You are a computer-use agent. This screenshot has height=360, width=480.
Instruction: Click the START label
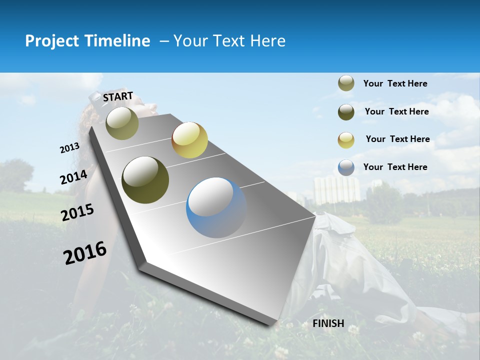tap(118, 96)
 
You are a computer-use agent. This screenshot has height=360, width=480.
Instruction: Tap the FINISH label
tap(328, 323)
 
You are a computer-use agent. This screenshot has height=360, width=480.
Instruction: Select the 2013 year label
tap(69, 148)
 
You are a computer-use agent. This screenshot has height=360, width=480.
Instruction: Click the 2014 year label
tap(73, 177)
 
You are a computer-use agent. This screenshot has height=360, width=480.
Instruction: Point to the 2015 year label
tap(77, 212)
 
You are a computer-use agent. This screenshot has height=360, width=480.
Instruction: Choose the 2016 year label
tap(85, 253)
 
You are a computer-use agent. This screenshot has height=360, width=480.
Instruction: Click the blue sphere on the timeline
tap(216, 207)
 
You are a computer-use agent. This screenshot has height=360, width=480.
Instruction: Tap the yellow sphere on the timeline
tap(189, 140)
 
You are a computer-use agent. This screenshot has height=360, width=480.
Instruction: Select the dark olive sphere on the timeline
tap(145, 180)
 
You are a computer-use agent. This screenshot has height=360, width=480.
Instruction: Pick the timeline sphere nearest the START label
tap(122, 123)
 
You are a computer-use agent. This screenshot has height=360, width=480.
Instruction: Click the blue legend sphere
tap(346, 167)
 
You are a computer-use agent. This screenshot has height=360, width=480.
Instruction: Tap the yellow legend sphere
tap(346, 139)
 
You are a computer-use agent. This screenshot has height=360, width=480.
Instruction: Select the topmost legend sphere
tap(346, 83)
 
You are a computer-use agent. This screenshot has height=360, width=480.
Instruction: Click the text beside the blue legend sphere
tap(395, 167)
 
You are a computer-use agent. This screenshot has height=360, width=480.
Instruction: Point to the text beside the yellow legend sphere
tap(397, 139)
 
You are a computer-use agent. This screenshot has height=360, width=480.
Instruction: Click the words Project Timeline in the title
tap(87, 41)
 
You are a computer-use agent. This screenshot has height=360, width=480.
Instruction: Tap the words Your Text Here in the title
tap(229, 41)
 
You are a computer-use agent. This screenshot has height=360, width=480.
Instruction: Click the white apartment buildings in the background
tap(336, 190)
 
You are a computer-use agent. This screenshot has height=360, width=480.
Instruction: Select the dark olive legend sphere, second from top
tap(346, 112)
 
